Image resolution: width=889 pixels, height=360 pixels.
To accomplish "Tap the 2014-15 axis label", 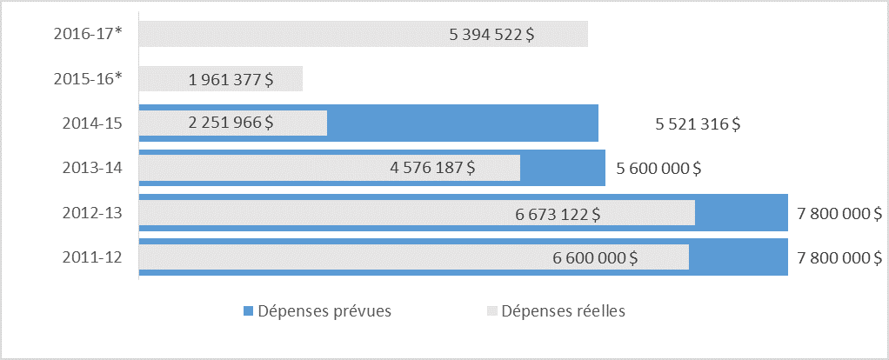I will pos(93,123).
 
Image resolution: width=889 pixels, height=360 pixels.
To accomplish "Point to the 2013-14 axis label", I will pos(93,168).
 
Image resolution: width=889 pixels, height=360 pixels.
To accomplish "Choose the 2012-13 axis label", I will pos(93,213).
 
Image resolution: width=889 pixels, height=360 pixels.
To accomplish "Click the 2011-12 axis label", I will pos(93,257).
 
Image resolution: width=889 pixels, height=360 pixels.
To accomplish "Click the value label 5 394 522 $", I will pos(491,35).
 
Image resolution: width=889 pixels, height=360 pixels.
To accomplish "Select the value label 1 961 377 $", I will pos(231,80).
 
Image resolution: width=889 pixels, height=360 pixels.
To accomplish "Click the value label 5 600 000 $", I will pos(658,168).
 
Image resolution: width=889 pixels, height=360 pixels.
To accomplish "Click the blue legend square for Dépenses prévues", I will pos(249,310).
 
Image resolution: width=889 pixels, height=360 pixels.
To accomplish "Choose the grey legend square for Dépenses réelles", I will pos(492,310).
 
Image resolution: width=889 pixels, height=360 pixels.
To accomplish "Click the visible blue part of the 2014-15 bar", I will pos(461,123).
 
